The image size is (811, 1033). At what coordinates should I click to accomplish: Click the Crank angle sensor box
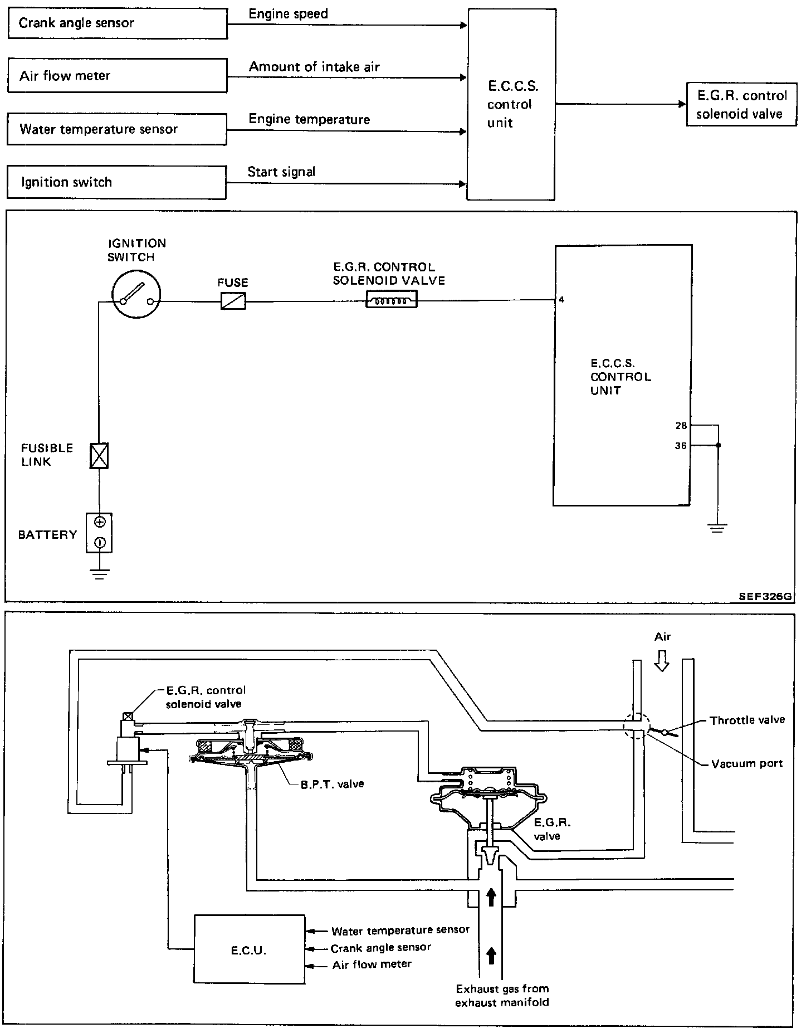pyautogui.click(x=118, y=23)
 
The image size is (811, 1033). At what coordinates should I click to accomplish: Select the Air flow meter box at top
pyautogui.click(x=118, y=76)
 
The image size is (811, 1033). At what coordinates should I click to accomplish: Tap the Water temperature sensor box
pyautogui.click(x=117, y=129)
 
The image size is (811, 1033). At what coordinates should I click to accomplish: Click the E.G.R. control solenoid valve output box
pyautogui.click(x=741, y=105)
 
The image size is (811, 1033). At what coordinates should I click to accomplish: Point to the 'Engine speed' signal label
pyautogui.click(x=288, y=14)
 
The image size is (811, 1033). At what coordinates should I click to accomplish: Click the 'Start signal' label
pyautogui.click(x=281, y=172)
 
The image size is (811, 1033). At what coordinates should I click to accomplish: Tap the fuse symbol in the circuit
pyautogui.click(x=233, y=301)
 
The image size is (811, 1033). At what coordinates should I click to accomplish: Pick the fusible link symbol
pyautogui.click(x=99, y=455)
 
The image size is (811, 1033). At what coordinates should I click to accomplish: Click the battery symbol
pyautogui.click(x=99, y=533)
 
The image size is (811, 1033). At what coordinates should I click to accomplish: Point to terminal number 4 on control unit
pyautogui.click(x=562, y=300)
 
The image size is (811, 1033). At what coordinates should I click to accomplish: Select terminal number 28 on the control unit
pyautogui.click(x=681, y=426)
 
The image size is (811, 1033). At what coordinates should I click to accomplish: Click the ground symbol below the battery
pyautogui.click(x=100, y=574)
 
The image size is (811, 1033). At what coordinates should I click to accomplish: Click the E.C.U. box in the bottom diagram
pyautogui.click(x=249, y=951)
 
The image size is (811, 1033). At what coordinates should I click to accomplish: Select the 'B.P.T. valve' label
pyautogui.click(x=332, y=784)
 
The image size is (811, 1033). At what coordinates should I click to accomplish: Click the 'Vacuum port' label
pyautogui.click(x=747, y=763)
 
